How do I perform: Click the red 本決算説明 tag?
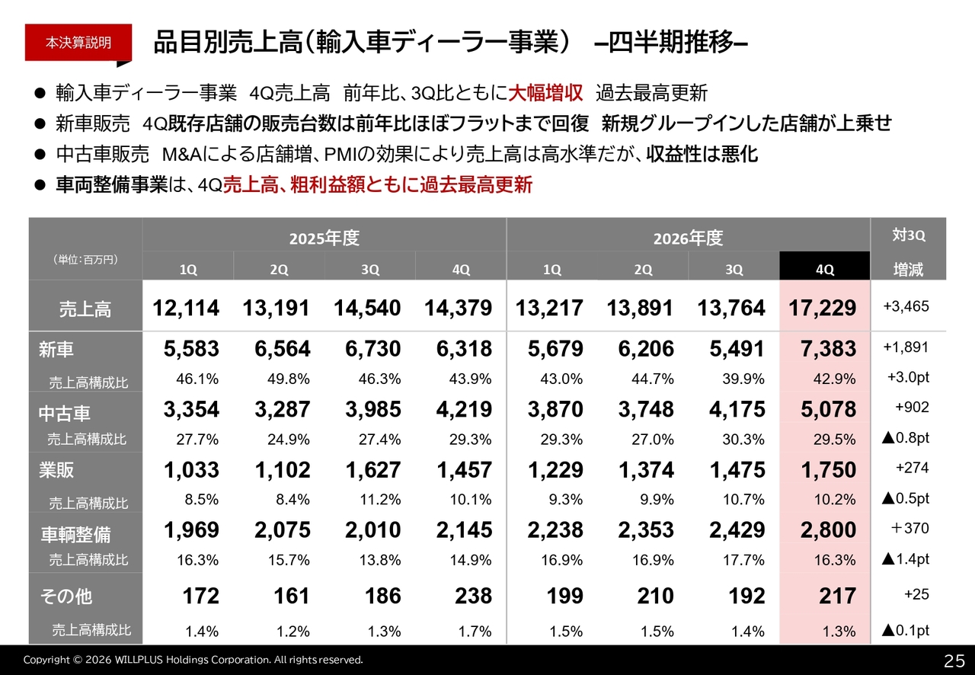pos(78,43)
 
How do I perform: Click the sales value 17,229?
pos(822,308)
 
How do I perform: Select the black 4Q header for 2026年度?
pos(824,266)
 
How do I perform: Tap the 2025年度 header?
pos(324,238)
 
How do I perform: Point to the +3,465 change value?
pos(906,306)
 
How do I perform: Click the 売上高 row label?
pos(85,309)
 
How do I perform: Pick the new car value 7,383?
pos(828,349)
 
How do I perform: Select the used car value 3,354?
pos(191,409)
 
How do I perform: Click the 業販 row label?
pos(56,470)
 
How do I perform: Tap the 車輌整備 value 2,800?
pos(828,530)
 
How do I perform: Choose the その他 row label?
pos(66,597)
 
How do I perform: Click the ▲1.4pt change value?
pos(906,558)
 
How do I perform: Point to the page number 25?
pos(954,661)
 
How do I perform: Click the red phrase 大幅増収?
pos(545,93)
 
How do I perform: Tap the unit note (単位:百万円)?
pos(85,260)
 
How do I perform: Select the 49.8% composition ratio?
pos(288,379)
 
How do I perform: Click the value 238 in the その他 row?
pos(473,596)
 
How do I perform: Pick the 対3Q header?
pos(909,235)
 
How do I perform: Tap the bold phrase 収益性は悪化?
pos(702,154)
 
